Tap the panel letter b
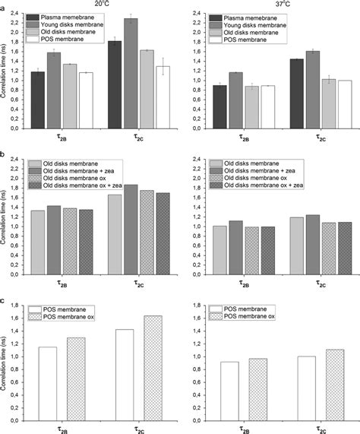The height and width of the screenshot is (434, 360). (x=5, y=156)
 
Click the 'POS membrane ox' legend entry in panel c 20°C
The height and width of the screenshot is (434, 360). (x=74, y=318)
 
